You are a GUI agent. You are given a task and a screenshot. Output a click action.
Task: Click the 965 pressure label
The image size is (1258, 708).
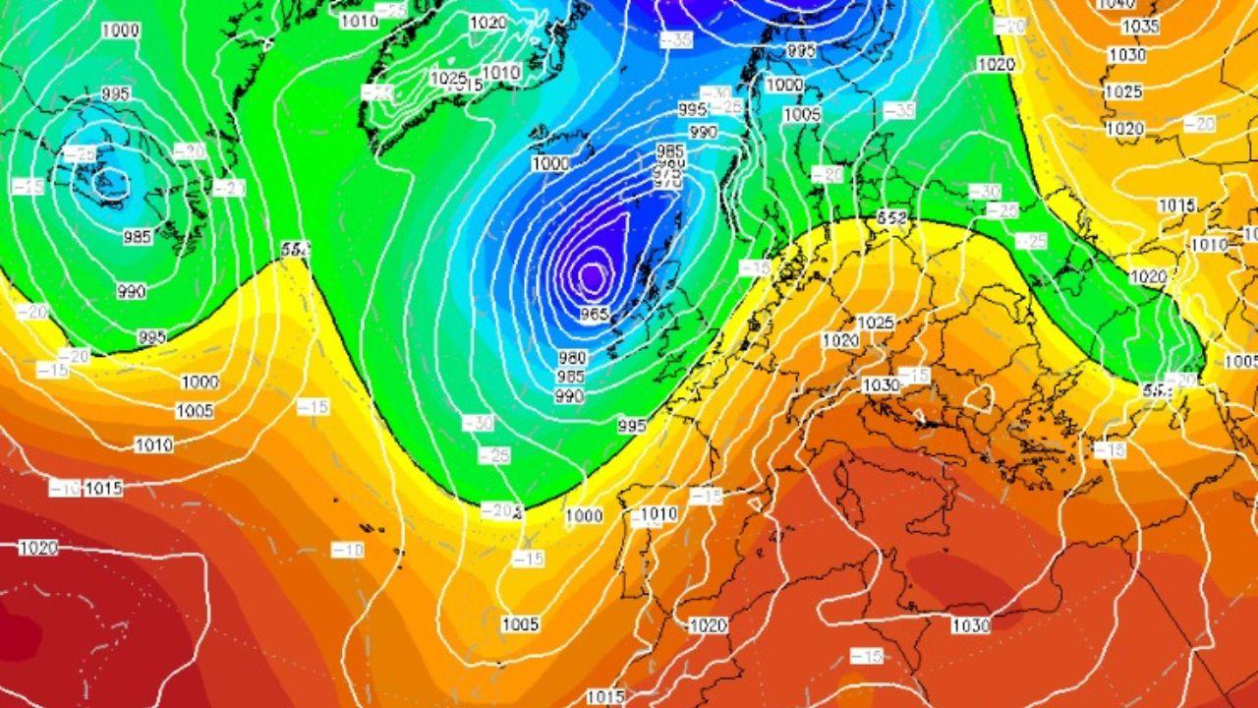(x=594, y=314)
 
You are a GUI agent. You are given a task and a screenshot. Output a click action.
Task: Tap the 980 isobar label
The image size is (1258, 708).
(x=572, y=358)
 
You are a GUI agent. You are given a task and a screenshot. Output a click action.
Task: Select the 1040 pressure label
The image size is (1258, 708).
(x=1115, y=4)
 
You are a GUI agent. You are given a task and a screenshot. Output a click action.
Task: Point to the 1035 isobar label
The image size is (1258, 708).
(x=1141, y=27)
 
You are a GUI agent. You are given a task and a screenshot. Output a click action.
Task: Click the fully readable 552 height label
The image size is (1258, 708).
(x=891, y=217)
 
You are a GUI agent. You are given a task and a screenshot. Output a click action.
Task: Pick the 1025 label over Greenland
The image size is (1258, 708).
(x=448, y=78)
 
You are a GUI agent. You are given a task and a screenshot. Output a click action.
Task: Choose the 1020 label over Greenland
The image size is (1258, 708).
(x=487, y=23)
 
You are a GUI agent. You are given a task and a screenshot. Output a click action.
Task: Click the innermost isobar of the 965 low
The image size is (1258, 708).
(x=592, y=276)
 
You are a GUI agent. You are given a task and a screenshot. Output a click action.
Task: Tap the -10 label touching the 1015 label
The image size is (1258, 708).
(x=65, y=488)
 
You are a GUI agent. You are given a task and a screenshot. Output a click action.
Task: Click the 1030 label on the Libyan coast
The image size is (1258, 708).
(x=971, y=625)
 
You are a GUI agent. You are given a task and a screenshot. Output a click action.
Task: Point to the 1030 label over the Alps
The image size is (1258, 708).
(x=881, y=384)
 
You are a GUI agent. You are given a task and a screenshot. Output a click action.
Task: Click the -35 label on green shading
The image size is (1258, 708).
(x=898, y=111)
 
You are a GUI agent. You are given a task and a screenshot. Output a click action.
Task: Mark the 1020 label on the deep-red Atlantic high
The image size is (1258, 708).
(x=37, y=548)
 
